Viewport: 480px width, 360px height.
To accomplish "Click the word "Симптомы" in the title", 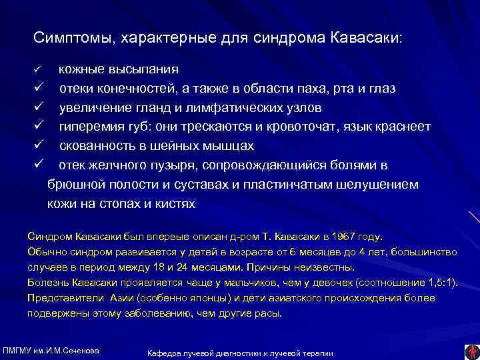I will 71,37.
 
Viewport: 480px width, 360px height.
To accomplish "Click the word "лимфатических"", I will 237,107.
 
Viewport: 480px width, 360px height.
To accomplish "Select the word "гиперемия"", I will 91,127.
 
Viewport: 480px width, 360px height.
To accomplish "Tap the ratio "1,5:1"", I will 440,282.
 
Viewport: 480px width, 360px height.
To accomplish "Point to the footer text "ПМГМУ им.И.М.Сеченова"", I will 52,351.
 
